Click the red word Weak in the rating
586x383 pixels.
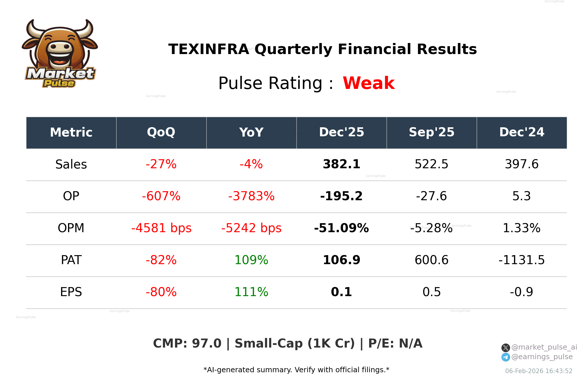click(369, 83)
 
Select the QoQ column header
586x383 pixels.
click(161, 133)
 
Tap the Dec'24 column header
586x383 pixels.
click(521, 133)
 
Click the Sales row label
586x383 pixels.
click(71, 164)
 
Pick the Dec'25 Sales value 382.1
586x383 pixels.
click(341, 164)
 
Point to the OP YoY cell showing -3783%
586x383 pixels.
click(251, 196)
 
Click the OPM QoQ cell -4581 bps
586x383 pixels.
click(161, 228)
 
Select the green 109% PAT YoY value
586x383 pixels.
click(251, 260)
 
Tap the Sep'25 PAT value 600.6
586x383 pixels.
click(431, 260)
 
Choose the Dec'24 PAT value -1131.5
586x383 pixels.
click(521, 260)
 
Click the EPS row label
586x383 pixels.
click(71, 292)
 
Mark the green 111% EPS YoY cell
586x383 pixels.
click(251, 292)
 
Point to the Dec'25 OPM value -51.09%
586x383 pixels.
click(341, 228)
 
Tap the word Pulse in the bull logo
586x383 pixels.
click(59, 83)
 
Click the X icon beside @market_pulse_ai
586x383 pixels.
click(505, 348)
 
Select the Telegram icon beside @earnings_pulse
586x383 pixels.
click(505, 357)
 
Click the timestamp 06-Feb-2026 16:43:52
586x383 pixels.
click(538, 371)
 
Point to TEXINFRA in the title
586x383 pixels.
click(208, 49)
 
